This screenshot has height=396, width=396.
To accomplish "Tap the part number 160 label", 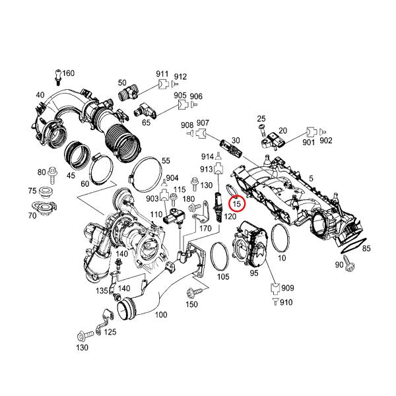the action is pos(69,73).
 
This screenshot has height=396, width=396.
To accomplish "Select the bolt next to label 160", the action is pos(58,77).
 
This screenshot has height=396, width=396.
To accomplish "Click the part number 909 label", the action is pos(288,288).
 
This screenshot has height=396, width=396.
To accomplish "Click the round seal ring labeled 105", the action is pos(220,256).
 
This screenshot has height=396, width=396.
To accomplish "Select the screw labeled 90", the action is pos(350,263).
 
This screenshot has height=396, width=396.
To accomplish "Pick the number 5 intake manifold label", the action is pos(311,179).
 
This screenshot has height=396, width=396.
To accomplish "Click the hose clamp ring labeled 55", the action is pos(146,174).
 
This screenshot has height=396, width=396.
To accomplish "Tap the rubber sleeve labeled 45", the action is pos(77,155).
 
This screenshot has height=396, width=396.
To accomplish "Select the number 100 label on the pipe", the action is pos(161,315).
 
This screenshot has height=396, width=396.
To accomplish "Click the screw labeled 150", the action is pos(195,293).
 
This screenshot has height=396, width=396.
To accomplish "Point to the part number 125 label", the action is pos(110,331).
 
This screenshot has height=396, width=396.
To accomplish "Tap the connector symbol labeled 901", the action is pos(311,132).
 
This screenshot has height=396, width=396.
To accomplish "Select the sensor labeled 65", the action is pos(145,111).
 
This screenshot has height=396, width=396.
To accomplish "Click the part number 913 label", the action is pos(207,169).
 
